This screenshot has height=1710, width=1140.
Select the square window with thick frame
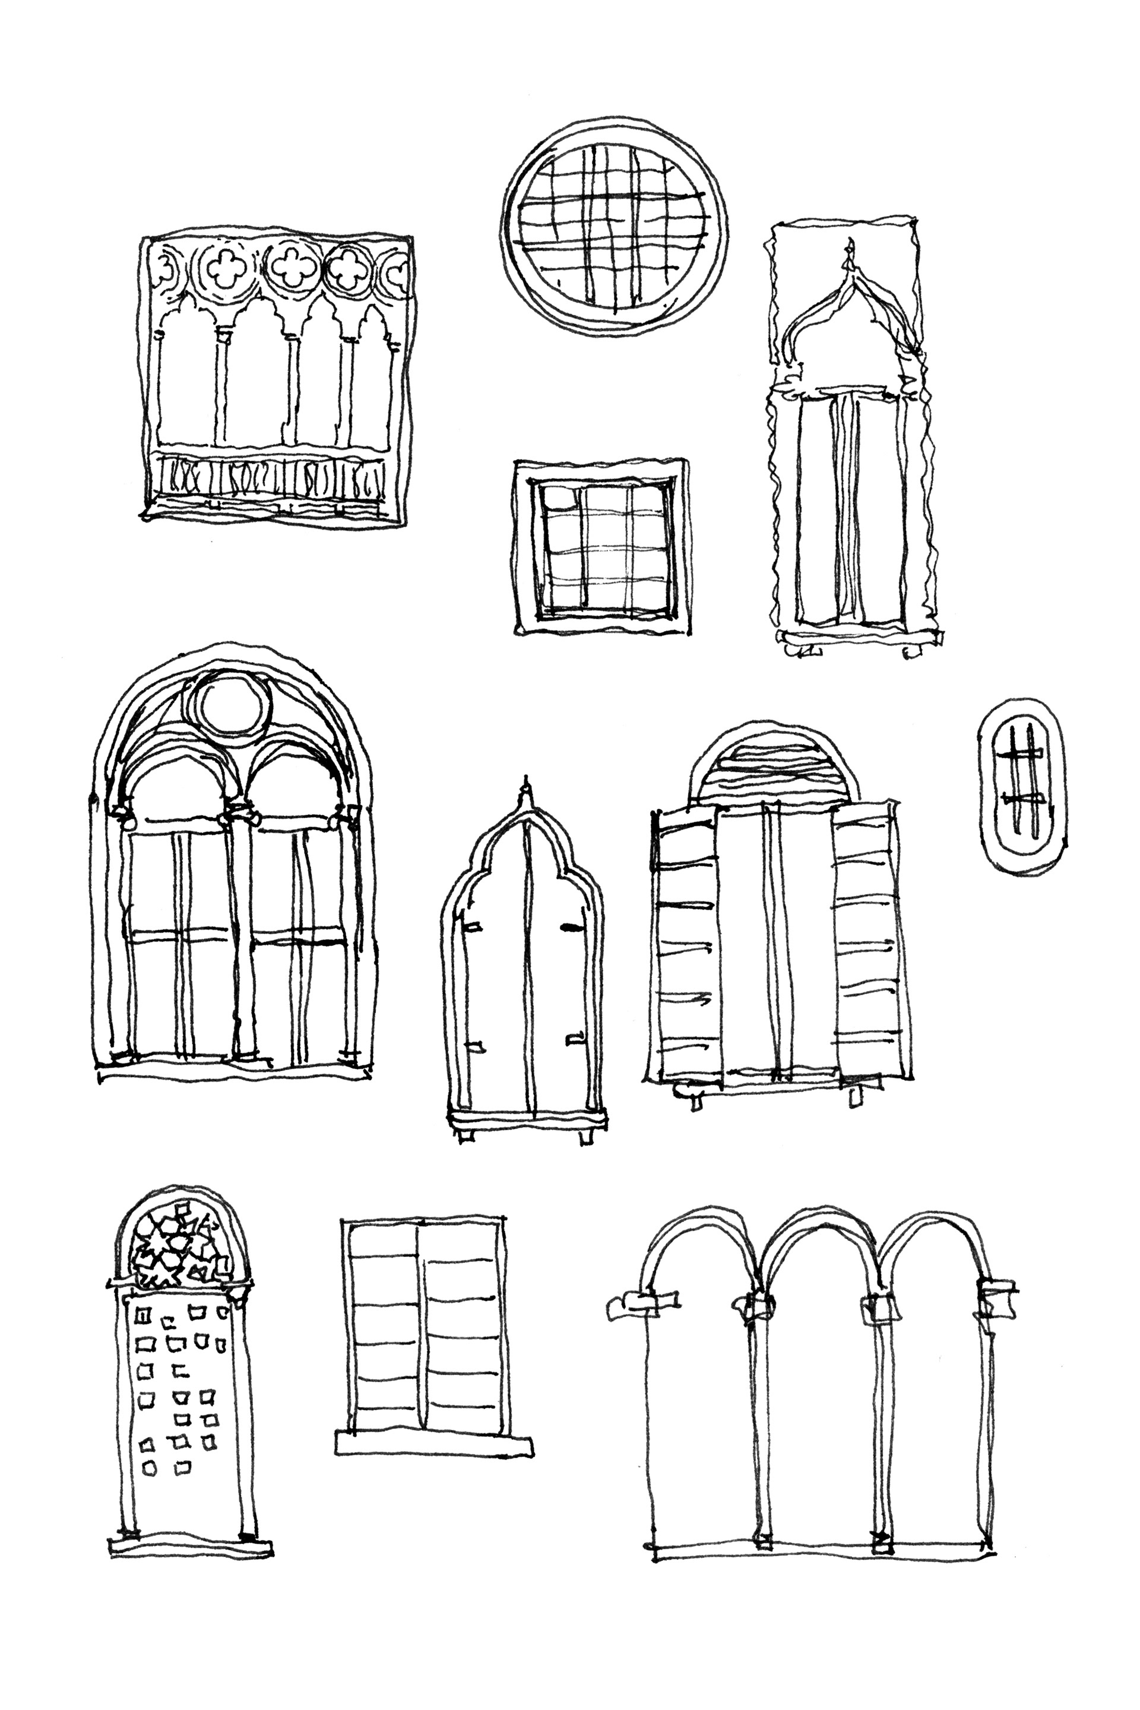coord(601,547)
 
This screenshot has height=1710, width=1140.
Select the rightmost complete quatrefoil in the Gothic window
coord(347,270)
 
